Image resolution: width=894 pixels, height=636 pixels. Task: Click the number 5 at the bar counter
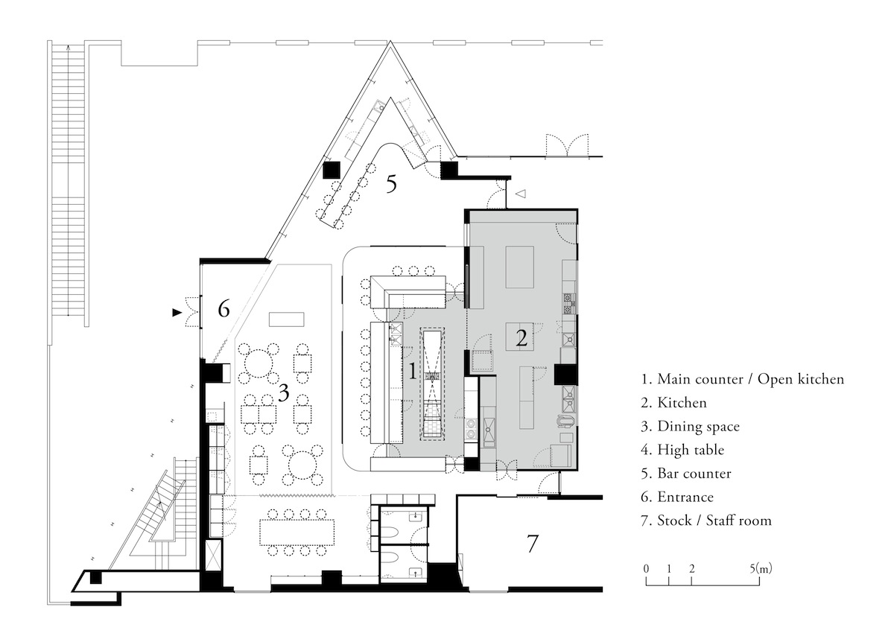point(391,185)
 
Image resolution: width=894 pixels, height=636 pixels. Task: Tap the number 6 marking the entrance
point(223,309)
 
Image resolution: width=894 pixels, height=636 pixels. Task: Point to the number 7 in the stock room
point(533,544)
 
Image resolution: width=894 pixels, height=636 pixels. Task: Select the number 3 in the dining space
point(283,392)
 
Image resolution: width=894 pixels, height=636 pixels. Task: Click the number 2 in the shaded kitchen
point(521,338)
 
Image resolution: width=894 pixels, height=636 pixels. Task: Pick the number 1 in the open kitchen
point(413,371)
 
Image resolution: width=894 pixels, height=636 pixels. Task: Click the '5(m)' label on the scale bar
point(761,568)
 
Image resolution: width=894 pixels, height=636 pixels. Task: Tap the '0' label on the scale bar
point(646,569)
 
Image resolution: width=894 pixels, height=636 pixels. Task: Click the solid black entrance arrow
point(177,312)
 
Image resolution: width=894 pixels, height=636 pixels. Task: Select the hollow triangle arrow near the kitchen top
point(521,194)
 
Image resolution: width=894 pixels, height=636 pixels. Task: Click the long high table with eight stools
point(297,532)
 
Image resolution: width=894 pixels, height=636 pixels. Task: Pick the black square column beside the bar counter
point(332,170)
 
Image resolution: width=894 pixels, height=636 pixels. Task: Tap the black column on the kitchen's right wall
point(566,375)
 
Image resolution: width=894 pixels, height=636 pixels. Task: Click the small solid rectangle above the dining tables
point(287,319)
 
